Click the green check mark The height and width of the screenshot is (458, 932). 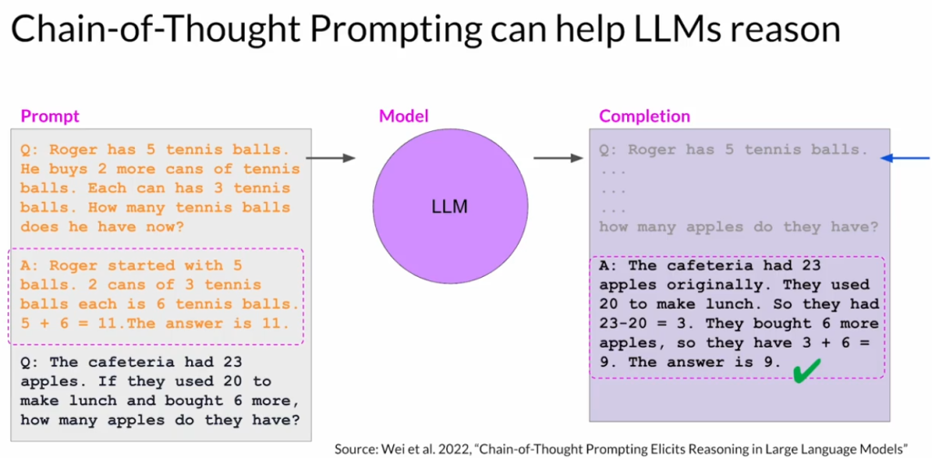click(806, 369)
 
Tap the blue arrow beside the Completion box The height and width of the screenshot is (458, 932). click(906, 158)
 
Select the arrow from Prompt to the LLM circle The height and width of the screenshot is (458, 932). click(330, 158)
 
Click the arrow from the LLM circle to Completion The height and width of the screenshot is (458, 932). click(558, 158)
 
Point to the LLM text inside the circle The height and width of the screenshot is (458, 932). click(450, 207)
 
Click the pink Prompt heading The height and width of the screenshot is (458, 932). click(50, 117)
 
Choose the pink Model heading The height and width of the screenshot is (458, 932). click(403, 116)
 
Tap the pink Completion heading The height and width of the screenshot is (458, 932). click(644, 117)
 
